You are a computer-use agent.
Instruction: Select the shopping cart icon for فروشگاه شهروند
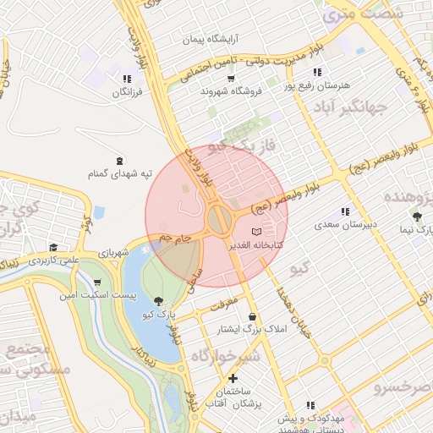pyautogui.click(x=230, y=77)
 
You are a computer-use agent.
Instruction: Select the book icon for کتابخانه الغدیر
pyautogui.click(x=257, y=231)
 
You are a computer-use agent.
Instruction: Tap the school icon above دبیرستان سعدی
pyautogui.click(x=345, y=211)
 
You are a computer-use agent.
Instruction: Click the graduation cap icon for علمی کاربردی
pyautogui.click(x=53, y=248)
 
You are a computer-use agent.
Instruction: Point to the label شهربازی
pyautogui.click(x=112, y=252)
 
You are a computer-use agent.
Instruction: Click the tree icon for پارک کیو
pyautogui.click(x=159, y=300)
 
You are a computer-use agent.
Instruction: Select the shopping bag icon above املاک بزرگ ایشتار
pyautogui.click(x=252, y=316)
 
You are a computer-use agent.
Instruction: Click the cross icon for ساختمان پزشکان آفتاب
pyautogui.click(x=233, y=378)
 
